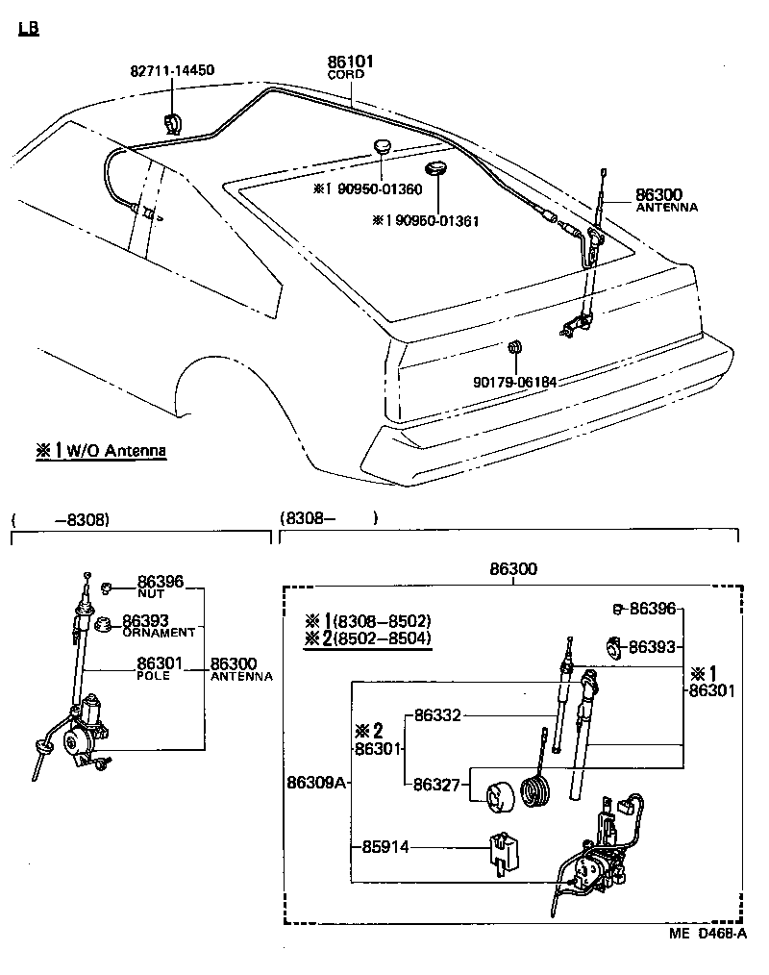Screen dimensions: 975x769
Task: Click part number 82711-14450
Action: pos(172,70)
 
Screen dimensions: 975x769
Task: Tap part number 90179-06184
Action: pos(514,382)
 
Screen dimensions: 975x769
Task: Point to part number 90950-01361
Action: pos(432,220)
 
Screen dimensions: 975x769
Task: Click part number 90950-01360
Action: pos(375,188)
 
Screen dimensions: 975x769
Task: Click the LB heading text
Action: pos(29,29)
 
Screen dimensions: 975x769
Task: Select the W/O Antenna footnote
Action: pos(101,450)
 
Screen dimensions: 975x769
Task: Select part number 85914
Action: pos(385,847)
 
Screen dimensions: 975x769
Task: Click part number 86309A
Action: pos(315,782)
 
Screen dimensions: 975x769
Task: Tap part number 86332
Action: pos(438,715)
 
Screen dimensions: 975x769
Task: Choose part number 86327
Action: pos(438,784)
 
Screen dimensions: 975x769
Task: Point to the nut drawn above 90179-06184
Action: pos(514,345)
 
